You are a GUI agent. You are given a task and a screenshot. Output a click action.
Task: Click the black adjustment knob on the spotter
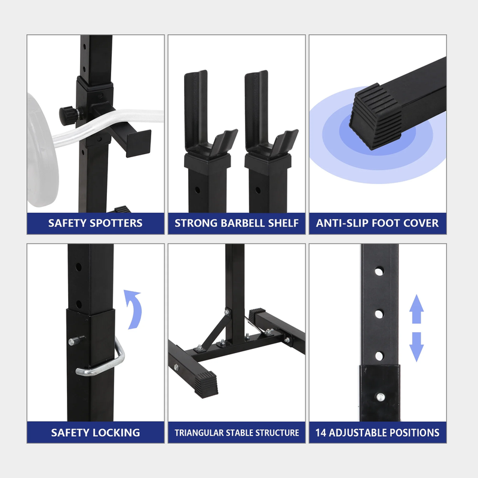click(68, 115)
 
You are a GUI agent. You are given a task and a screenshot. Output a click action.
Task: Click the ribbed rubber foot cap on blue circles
click(376, 117)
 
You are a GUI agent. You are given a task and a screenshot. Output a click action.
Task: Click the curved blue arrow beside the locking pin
click(133, 309)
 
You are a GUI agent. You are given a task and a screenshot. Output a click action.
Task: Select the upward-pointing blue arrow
click(416, 309)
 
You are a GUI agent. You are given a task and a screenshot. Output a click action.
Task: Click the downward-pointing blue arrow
click(416, 347)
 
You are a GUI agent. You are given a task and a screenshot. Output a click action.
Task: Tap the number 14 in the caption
click(321, 433)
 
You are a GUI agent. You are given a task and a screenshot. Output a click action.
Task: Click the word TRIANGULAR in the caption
click(199, 433)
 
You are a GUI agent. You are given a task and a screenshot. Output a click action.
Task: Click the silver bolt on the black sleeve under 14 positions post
click(380, 397)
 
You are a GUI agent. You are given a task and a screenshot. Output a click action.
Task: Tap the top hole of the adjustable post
click(379, 271)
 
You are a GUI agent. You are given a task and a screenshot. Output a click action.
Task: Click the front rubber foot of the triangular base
click(206, 384)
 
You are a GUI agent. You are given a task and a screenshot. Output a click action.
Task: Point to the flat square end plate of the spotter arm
click(139, 143)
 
